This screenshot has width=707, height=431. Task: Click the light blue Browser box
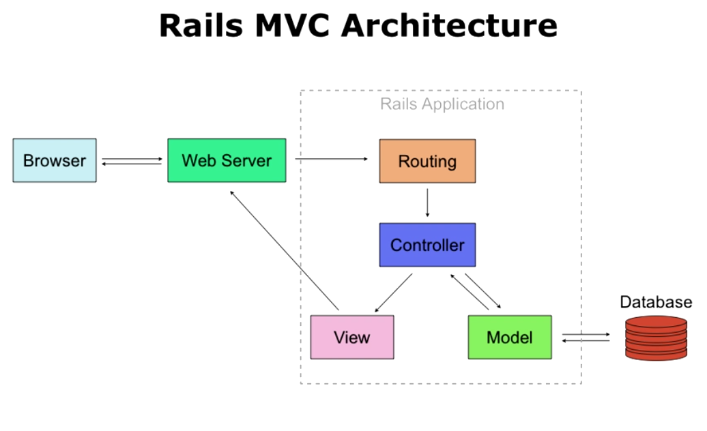pyautogui.click(x=55, y=160)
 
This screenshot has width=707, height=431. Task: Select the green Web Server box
pyautogui.click(x=227, y=160)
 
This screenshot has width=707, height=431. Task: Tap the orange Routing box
pyautogui.click(x=427, y=161)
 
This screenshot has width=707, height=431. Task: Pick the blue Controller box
pyautogui.click(x=427, y=245)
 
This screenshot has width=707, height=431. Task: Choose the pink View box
pyautogui.click(x=351, y=337)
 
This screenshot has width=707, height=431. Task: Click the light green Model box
pyautogui.click(x=509, y=337)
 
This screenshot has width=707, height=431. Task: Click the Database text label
pyautogui.click(x=655, y=302)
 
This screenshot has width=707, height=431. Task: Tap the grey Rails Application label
pyautogui.click(x=442, y=104)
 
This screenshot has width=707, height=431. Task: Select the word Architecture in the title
pyautogui.click(x=450, y=26)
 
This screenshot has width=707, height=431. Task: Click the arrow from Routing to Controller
pyautogui.click(x=427, y=203)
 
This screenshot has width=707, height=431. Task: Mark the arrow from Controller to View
pyautogui.click(x=393, y=292)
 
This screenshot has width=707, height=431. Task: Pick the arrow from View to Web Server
pyautogui.click(x=285, y=250)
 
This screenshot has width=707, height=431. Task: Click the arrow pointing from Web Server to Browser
pyautogui.click(x=132, y=164)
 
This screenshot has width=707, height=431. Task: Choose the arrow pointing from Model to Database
pyautogui.click(x=586, y=334)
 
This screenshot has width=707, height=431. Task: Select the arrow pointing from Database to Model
pyautogui.click(x=586, y=340)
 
